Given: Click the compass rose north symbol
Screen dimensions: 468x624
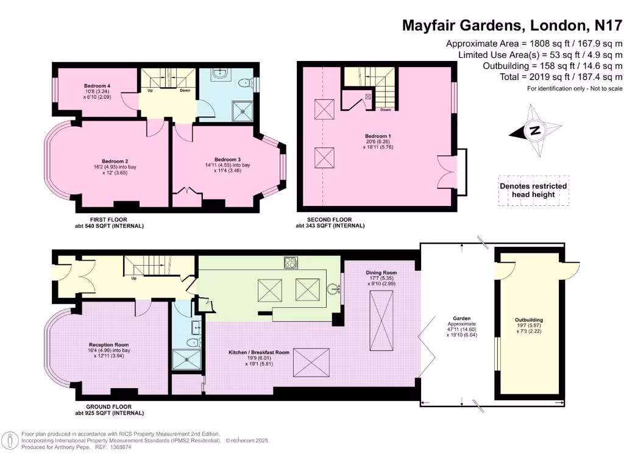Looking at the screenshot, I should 534,130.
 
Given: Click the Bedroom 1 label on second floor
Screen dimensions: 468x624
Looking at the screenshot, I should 376,136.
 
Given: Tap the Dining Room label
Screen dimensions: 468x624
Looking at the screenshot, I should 381,272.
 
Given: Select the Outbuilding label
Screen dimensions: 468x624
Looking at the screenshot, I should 528,320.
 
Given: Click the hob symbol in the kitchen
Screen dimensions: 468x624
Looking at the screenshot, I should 291,263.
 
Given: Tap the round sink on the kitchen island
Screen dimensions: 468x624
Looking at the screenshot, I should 333,289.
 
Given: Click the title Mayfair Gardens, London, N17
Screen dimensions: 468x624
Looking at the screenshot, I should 512,26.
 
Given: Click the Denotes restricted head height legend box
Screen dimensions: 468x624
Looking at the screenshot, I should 533,190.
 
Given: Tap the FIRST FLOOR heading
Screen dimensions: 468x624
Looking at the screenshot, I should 107,220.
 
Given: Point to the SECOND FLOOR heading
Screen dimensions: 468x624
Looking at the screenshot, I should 324,220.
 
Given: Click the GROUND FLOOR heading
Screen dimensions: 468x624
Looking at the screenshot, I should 110,407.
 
